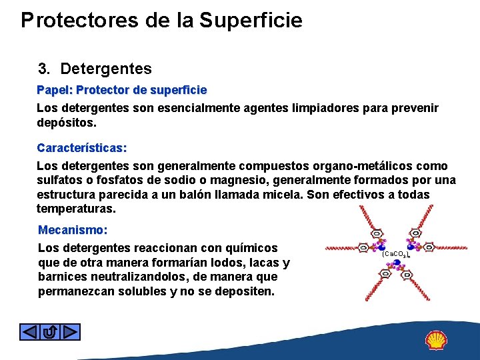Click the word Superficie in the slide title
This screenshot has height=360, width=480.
pyautogui.click(x=251, y=21)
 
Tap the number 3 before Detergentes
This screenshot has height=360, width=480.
pyautogui.click(x=44, y=69)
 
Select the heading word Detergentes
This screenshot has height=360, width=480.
pyautogui.click(x=105, y=69)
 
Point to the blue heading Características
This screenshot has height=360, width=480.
pyautogui.click(x=82, y=147)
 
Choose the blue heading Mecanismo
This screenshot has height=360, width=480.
pyautogui.click(x=73, y=230)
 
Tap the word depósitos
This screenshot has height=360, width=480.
pyautogui.click(x=67, y=123)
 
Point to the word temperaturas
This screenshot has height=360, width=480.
pyautogui.click(x=76, y=209)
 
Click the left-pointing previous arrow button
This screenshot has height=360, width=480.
pyautogui.click(x=30, y=331)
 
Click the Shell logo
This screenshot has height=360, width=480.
pyautogui.click(x=437, y=340)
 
